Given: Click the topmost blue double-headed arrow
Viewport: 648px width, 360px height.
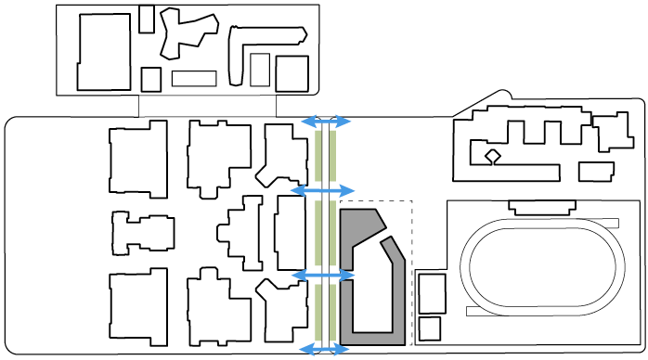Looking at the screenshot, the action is pyautogui.click(x=325, y=122).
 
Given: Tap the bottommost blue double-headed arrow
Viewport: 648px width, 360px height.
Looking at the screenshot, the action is pyautogui.click(x=324, y=350).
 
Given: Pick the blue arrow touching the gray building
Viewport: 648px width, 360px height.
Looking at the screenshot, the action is pyautogui.click(x=324, y=276).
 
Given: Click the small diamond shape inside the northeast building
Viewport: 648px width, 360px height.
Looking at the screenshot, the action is pyautogui.click(x=492, y=156).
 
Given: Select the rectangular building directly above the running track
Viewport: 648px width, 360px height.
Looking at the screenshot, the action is pyautogui.click(x=543, y=207).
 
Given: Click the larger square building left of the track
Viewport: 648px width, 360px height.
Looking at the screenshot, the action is pyautogui.click(x=432, y=293).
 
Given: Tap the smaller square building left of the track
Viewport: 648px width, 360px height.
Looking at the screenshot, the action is pyautogui.click(x=429, y=328).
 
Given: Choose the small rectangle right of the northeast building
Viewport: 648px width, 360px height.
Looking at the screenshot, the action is pyautogui.click(x=596, y=172).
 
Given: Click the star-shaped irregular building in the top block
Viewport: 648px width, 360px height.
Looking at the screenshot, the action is pyautogui.click(x=184, y=33).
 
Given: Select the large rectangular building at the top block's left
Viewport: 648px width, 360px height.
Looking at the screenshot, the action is pyautogui.click(x=104, y=52).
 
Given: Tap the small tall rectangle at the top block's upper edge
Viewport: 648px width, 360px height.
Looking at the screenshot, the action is pyautogui.click(x=147, y=19).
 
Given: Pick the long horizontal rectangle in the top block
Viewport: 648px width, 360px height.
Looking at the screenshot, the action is pyautogui.click(x=194, y=78).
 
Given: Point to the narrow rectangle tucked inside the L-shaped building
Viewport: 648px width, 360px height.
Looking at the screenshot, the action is pyautogui.click(x=260, y=70).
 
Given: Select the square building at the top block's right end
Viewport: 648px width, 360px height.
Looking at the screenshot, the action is pyautogui.click(x=292, y=73).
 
